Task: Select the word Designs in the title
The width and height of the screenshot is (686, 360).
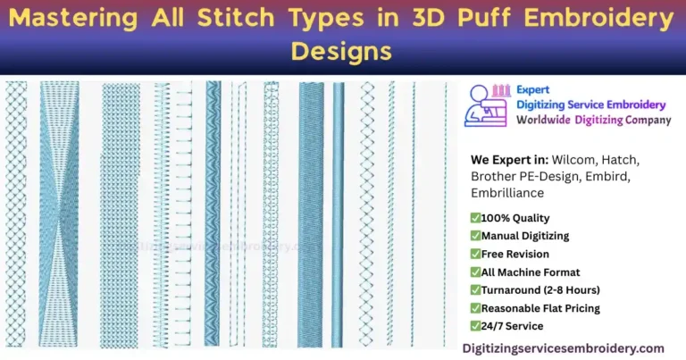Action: (x=342, y=51)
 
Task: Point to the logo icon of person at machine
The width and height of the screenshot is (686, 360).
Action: (x=489, y=106)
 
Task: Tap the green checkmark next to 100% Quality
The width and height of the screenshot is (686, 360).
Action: (x=475, y=218)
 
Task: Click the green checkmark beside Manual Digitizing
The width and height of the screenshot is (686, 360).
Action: (x=475, y=236)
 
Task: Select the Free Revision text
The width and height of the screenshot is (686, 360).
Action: (x=515, y=254)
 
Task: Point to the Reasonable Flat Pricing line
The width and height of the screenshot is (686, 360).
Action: (x=540, y=308)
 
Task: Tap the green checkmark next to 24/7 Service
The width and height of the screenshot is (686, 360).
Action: (x=475, y=326)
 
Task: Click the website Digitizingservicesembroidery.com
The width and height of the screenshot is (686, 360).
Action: (x=564, y=347)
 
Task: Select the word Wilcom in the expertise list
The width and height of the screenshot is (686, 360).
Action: (x=572, y=159)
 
